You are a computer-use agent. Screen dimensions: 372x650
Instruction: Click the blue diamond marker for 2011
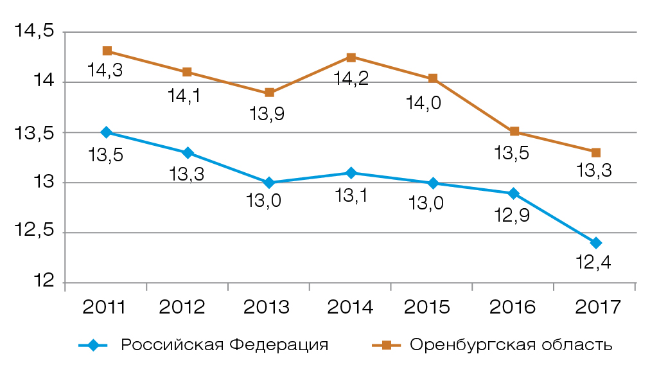(x=107, y=132)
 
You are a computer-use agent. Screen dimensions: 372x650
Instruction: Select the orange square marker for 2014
(x=351, y=57)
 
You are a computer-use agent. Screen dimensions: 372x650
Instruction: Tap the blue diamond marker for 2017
(x=596, y=243)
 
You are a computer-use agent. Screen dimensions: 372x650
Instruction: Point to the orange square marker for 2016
(x=514, y=132)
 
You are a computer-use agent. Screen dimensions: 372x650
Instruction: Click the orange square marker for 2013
(x=270, y=93)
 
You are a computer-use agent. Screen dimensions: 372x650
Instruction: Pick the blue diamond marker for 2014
(x=351, y=173)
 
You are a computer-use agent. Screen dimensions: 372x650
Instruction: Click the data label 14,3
(x=105, y=71)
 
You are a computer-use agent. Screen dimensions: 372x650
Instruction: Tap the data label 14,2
(x=351, y=79)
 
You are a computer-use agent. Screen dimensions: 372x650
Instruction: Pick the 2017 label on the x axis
(x=595, y=306)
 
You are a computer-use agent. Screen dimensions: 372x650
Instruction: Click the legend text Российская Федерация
(x=225, y=345)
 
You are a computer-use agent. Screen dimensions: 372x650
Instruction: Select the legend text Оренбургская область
(x=511, y=345)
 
